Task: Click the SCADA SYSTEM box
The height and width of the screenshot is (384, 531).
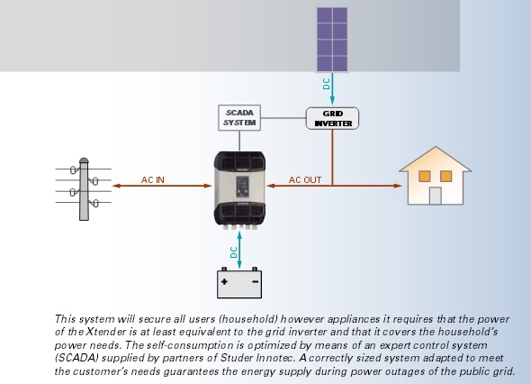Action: [x=239, y=118]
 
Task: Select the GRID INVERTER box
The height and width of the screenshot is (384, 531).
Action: [x=332, y=118]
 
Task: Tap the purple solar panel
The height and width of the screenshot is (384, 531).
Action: [x=332, y=40]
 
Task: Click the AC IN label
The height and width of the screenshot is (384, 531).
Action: [x=153, y=179]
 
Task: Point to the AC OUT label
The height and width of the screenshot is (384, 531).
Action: [x=305, y=179]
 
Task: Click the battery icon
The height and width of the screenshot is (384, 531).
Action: [x=239, y=283]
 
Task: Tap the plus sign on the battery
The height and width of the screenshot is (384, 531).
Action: [x=224, y=281]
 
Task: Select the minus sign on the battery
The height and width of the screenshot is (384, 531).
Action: [x=256, y=281]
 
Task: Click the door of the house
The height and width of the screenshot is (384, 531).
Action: [x=436, y=196]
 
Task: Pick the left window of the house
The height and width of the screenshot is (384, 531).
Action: [x=425, y=176]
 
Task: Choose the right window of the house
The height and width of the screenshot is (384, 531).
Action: [x=446, y=176]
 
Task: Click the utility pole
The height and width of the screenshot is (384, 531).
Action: [x=84, y=189]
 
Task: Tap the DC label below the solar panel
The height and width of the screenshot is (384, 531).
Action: [x=327, y=84]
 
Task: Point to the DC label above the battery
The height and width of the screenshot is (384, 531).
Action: [x=234, y=252]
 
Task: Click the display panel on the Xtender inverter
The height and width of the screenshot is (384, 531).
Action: [x=242, y=187]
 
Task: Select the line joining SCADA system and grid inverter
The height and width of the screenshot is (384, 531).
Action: [x=283, y=118]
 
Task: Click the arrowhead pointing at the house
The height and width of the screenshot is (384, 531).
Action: [x=398, y=186]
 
